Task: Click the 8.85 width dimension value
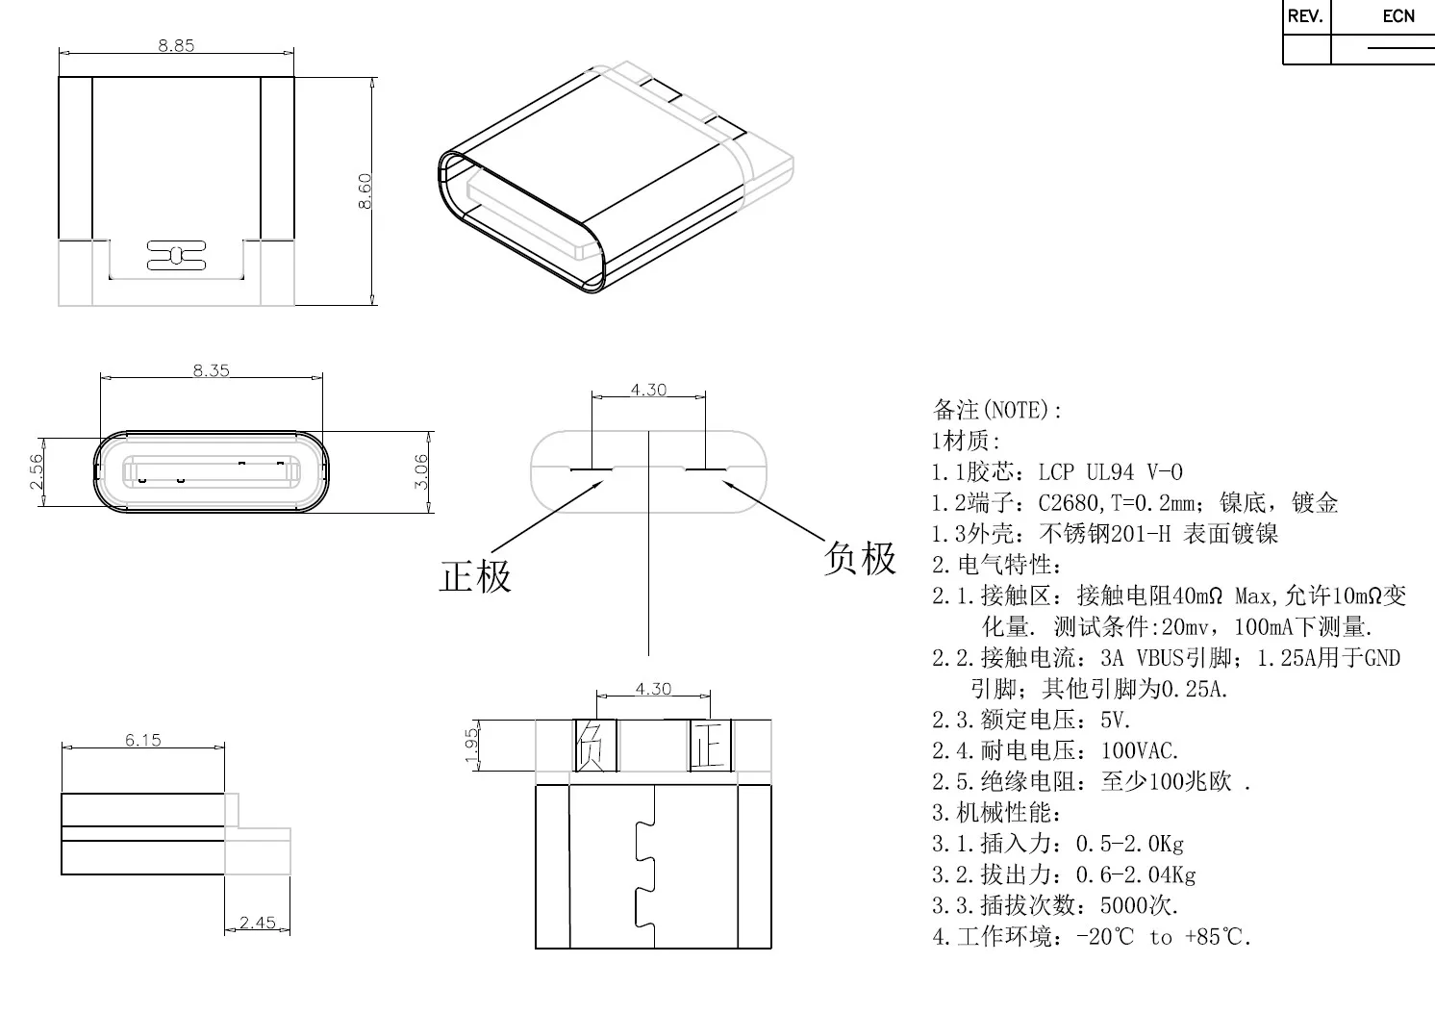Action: (176, 45)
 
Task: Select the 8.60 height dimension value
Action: (365, 190)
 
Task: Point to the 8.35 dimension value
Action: (212, 370)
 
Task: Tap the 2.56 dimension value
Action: (36, 471)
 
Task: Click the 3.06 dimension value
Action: (420, 471)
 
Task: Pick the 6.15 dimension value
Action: (143, 740)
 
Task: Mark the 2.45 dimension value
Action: (258, 923)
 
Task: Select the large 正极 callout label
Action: (475, 576)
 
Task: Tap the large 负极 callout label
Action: (860, 558)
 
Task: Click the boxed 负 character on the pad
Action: (591, 746)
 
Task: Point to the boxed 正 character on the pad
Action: (710, 746)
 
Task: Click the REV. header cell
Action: (1305, 16)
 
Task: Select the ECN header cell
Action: (1398, 16)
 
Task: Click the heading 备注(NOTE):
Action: (996, 410)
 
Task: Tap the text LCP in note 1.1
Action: (1056, 472)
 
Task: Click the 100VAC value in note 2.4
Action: (1139, 750)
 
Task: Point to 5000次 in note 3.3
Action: (1138, 905)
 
